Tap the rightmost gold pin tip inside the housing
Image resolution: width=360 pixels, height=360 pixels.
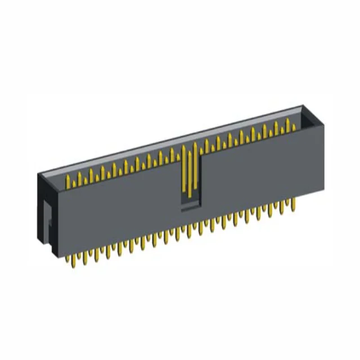coord(287,125)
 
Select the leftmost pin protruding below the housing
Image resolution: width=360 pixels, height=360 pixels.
coord(67,260)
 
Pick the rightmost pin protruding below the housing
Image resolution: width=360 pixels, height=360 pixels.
coord(293,203)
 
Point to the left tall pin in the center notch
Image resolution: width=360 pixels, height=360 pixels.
coord(183,169)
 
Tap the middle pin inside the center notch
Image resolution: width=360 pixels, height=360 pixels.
coord(190,174)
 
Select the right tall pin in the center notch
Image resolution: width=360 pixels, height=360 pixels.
coord(195,166)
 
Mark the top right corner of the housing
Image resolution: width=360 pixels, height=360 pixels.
coord(303,106)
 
